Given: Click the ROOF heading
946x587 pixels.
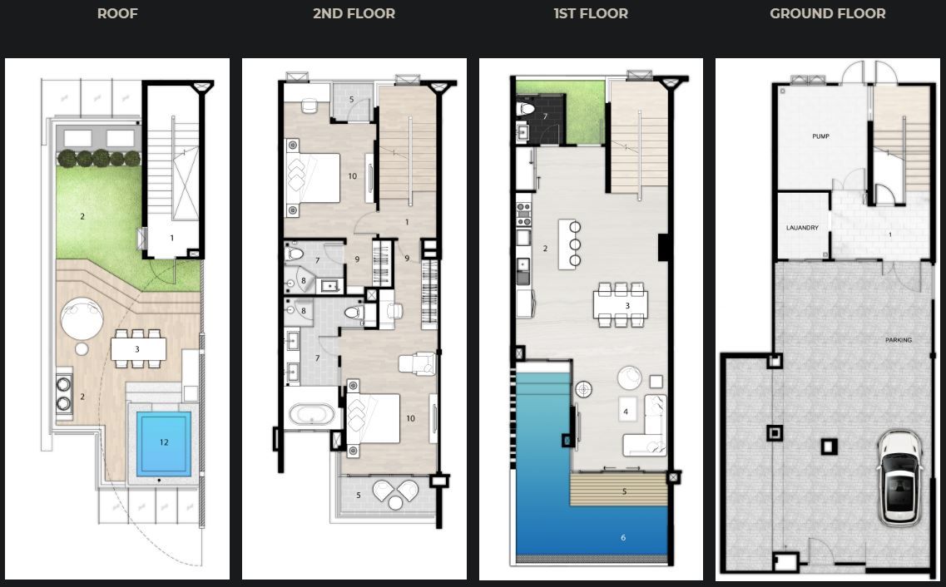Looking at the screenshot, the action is [117, 13].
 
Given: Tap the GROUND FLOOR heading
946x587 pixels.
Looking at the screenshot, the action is [828, 13].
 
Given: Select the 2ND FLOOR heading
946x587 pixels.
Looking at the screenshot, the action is [354, 13].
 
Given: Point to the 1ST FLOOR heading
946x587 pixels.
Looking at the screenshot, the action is [592, 13].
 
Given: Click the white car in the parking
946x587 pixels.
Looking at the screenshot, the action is [899, 478].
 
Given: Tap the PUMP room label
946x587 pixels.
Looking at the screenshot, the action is [820, 136].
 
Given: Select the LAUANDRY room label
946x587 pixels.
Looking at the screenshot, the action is [802, 228].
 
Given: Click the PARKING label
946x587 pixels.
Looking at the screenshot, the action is [899, 340].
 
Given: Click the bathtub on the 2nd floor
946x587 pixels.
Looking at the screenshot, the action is [311, 415].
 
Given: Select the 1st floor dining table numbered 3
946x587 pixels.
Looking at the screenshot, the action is [621, 304].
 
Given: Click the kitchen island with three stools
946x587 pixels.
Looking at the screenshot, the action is [569, 244].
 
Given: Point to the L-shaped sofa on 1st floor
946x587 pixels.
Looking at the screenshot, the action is [646, 425].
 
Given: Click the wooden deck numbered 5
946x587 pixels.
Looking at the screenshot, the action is [619, 490].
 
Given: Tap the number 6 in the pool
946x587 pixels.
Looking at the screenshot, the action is [623, 537].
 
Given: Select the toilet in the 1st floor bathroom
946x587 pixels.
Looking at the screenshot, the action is [526, 109].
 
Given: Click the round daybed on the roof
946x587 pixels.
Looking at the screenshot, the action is [82, 318].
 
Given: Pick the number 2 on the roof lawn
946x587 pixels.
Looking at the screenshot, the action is [82, 216].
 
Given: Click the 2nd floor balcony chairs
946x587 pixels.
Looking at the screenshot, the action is [396, 494].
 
